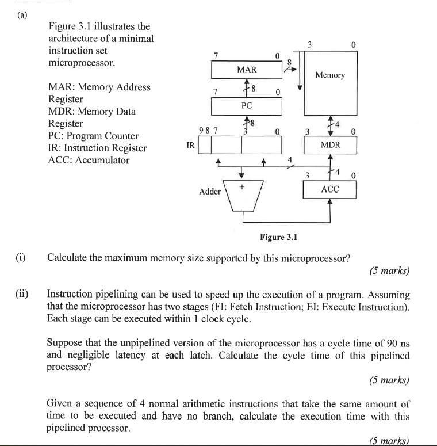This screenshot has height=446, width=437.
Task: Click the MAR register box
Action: (247, 70)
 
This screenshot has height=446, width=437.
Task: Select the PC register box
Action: (247, 106)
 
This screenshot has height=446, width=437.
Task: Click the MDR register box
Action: (330, 145)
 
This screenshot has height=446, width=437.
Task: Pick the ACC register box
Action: (330, 189)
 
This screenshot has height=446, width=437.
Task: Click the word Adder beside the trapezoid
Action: (209, 192)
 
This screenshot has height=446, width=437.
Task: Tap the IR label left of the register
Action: (190, 146)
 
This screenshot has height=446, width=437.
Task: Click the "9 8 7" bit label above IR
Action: (207, 131)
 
